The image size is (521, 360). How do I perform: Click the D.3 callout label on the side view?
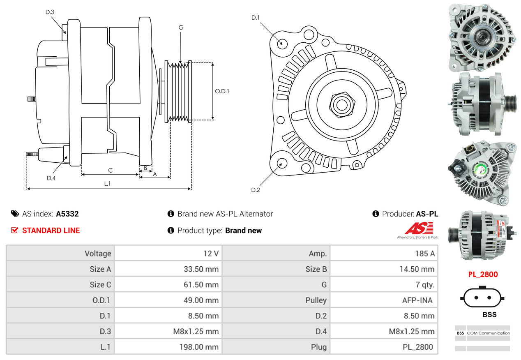(x=50, y=12)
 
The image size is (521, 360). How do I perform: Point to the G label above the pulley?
(x=181, y=28)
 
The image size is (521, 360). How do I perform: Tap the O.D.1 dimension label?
(x=222, y=91)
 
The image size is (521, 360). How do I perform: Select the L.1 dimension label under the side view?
(x=107, y=184)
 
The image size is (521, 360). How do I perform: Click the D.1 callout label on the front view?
(x=256, y=18)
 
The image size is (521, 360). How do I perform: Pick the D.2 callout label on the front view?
(x=256, y=190)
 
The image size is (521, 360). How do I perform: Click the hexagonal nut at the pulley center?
(x=342, y=105)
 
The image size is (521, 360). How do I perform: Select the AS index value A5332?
(x=67, y=214)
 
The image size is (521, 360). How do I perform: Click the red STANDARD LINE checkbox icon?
(x=14, y=230)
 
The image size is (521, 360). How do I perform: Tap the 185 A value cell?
(x=425, y=254)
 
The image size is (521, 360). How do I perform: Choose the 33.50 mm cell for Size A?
(x=201, y=269)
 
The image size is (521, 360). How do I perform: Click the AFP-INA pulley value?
(x=417, y=300)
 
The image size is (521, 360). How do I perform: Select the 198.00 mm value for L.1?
(x=199, y=347)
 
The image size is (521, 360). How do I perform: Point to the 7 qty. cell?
(x=425, y=285)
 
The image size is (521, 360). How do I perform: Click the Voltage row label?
(x=98, y=254)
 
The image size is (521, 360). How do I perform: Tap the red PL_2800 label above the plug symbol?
(x=483, y=275)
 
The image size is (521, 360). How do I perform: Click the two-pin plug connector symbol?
(x=482, y=298)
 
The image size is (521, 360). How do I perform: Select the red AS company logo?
(x=419, y=228)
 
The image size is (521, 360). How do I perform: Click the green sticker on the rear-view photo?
(x=480, y=169)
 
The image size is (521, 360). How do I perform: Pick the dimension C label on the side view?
(x=111, y=170)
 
